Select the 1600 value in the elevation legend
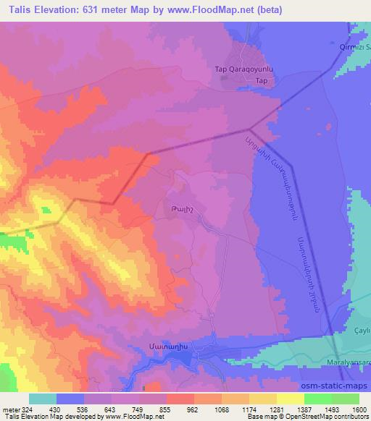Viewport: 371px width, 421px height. (359, 409)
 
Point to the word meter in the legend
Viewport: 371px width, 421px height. (9, 409)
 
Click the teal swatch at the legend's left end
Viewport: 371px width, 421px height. (43, 399)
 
